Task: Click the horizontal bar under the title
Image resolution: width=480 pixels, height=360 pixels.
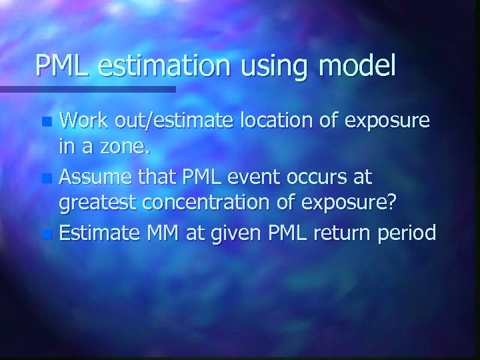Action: click(87, 89)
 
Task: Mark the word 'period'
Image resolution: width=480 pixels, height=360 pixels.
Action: click(411, 234)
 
